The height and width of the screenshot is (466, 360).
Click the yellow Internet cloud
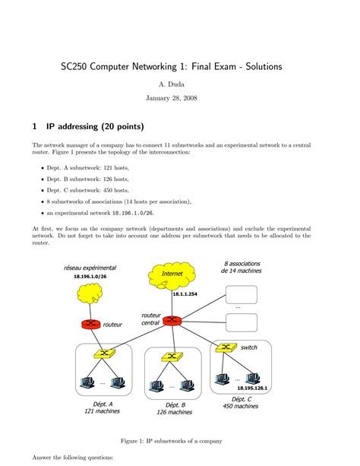coord(172,276)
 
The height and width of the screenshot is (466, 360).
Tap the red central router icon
coord(172,320)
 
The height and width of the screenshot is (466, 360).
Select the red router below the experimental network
coord(90,324)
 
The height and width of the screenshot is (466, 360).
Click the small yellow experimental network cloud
coord(90,293)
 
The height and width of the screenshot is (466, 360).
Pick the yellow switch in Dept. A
coord(105,353)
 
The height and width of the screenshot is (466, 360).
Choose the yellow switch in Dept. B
coord(172,357)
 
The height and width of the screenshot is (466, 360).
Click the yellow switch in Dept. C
coord(226,347)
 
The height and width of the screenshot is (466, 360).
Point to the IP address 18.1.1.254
coord(185,294)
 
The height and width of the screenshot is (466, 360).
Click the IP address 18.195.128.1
coord(252,388)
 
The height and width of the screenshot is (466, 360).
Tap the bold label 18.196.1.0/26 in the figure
coord(90,277)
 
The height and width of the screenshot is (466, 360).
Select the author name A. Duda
coord(172,84)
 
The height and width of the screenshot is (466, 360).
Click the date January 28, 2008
coord(172,98)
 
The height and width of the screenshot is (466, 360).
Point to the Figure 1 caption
coord(172,441)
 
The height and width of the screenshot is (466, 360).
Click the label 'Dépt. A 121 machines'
coord(103,407)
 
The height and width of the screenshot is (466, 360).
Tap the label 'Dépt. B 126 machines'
coord(175,409)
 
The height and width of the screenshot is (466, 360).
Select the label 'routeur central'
coord(151,319)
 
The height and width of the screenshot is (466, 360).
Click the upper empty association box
coord(242,294)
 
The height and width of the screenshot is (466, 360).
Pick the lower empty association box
coord(242,322)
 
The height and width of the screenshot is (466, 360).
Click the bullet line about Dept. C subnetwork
coord(87,190)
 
